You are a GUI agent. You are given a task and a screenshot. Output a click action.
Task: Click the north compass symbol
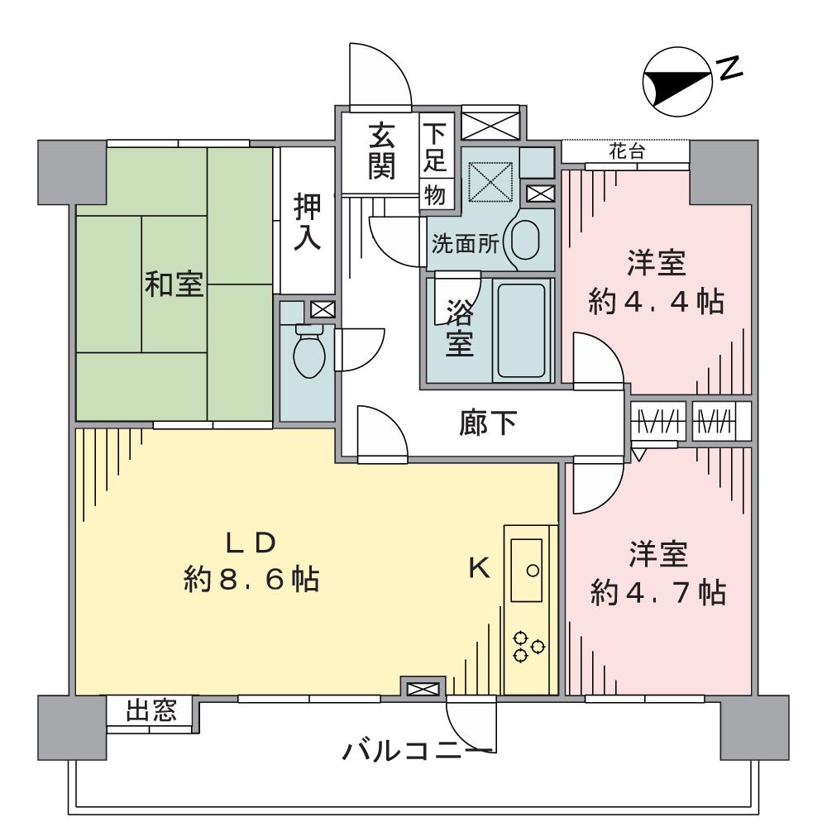tap(677, 82)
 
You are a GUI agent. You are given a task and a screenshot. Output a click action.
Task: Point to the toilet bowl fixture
tap(308, 350)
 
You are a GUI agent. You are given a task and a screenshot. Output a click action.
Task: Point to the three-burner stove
tap(528, 647)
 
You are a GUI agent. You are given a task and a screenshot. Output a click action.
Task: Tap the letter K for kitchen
tap(480, 568)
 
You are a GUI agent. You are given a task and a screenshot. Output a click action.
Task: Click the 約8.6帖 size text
tap(252, 580)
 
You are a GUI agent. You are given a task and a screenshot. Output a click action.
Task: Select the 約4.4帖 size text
tap(657, 302)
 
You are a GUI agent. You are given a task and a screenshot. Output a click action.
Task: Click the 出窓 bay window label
tap(151, 711)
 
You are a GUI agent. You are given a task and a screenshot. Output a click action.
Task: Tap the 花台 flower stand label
tap(625, 152)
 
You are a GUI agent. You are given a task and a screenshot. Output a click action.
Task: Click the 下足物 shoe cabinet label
tap(435, 164)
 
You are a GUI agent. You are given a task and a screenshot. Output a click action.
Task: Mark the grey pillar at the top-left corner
tap(72, 172)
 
